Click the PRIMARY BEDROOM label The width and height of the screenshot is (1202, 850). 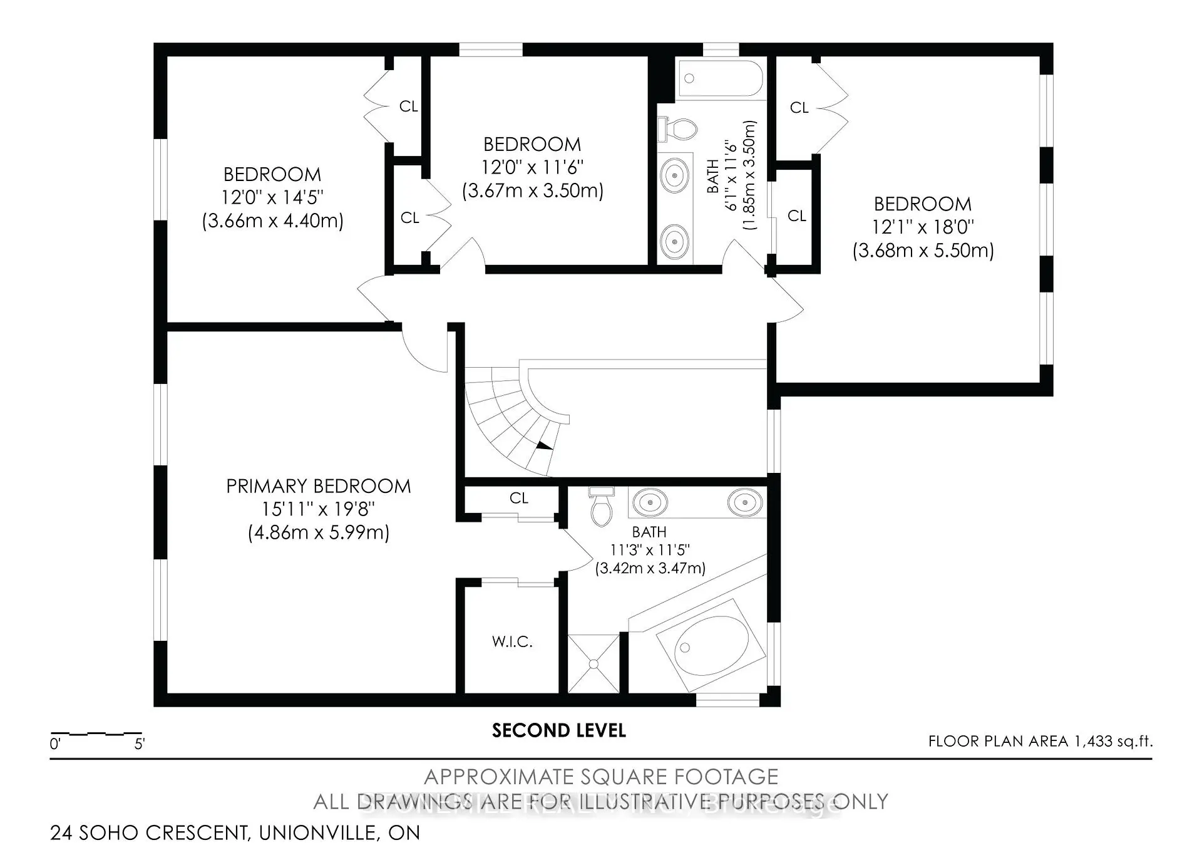[x=318, y=486]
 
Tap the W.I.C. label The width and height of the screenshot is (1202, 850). [x=512, y=642]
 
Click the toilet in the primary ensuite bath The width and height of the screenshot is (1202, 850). [x=600, y=509]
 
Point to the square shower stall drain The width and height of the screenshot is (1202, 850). [x=593, y=664]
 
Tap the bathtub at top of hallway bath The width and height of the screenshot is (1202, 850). [x=720, y=78]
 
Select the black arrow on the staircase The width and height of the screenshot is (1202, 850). [x=543, y=445]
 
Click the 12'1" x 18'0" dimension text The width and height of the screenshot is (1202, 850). [x=923, y=227]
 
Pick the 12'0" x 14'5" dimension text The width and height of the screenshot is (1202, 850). [x=272, y=197]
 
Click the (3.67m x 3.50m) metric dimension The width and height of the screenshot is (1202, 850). [x=532, y=190]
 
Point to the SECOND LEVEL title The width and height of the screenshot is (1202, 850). [x=558, y=730]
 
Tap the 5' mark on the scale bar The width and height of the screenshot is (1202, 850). [x=140, y=744]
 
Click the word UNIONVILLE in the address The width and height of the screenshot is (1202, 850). [x=317, y=833]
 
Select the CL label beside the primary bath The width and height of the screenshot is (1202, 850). [x=518, y=498]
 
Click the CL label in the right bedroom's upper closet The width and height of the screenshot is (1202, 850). [x=799, y=108]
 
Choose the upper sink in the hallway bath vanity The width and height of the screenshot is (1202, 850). [x=674, y=176]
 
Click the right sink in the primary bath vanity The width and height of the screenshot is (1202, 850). [x=745, y=502]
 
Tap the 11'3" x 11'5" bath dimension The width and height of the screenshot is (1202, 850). [x=650, y=550]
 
